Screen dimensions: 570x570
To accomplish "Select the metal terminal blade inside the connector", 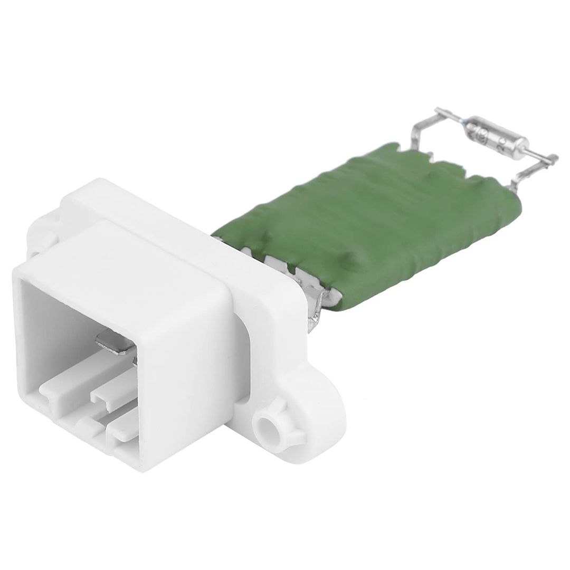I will (113, 345).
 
